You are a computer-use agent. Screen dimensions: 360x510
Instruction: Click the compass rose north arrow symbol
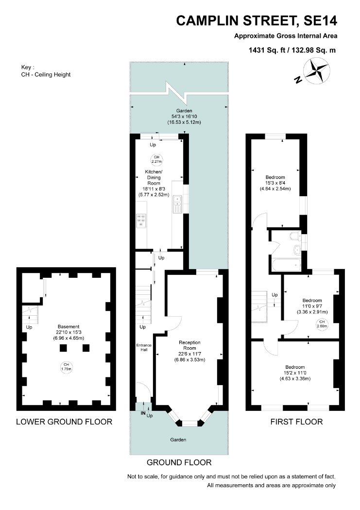point(316,70)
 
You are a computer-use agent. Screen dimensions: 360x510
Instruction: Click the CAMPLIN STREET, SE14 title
point(257,21)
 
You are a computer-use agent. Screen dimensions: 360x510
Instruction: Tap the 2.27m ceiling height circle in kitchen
point(156,159)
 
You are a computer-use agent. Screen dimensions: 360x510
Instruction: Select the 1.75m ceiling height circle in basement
point(67,367)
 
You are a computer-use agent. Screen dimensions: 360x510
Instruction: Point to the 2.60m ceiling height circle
point(322,324)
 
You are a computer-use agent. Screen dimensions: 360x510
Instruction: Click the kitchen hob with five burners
point(141,220)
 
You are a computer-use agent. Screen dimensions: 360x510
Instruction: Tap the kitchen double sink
point(177,204)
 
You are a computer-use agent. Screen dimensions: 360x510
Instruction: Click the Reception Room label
point(189,345)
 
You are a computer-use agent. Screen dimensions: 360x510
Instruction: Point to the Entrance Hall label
point(144,347)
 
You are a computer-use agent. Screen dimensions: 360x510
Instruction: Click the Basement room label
point(69,326)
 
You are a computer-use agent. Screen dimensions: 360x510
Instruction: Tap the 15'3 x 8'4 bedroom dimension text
point(275,183)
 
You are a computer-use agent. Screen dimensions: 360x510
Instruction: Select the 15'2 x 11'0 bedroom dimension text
point(295,373)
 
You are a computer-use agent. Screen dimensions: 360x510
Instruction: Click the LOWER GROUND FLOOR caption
point(64,422)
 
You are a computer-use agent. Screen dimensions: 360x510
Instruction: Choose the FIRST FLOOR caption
point(296,422)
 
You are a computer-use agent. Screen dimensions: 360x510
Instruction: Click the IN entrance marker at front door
point(143,413)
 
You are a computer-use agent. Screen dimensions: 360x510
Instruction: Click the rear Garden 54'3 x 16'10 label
point(185,117)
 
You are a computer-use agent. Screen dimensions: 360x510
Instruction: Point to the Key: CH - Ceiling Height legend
point(46,71)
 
